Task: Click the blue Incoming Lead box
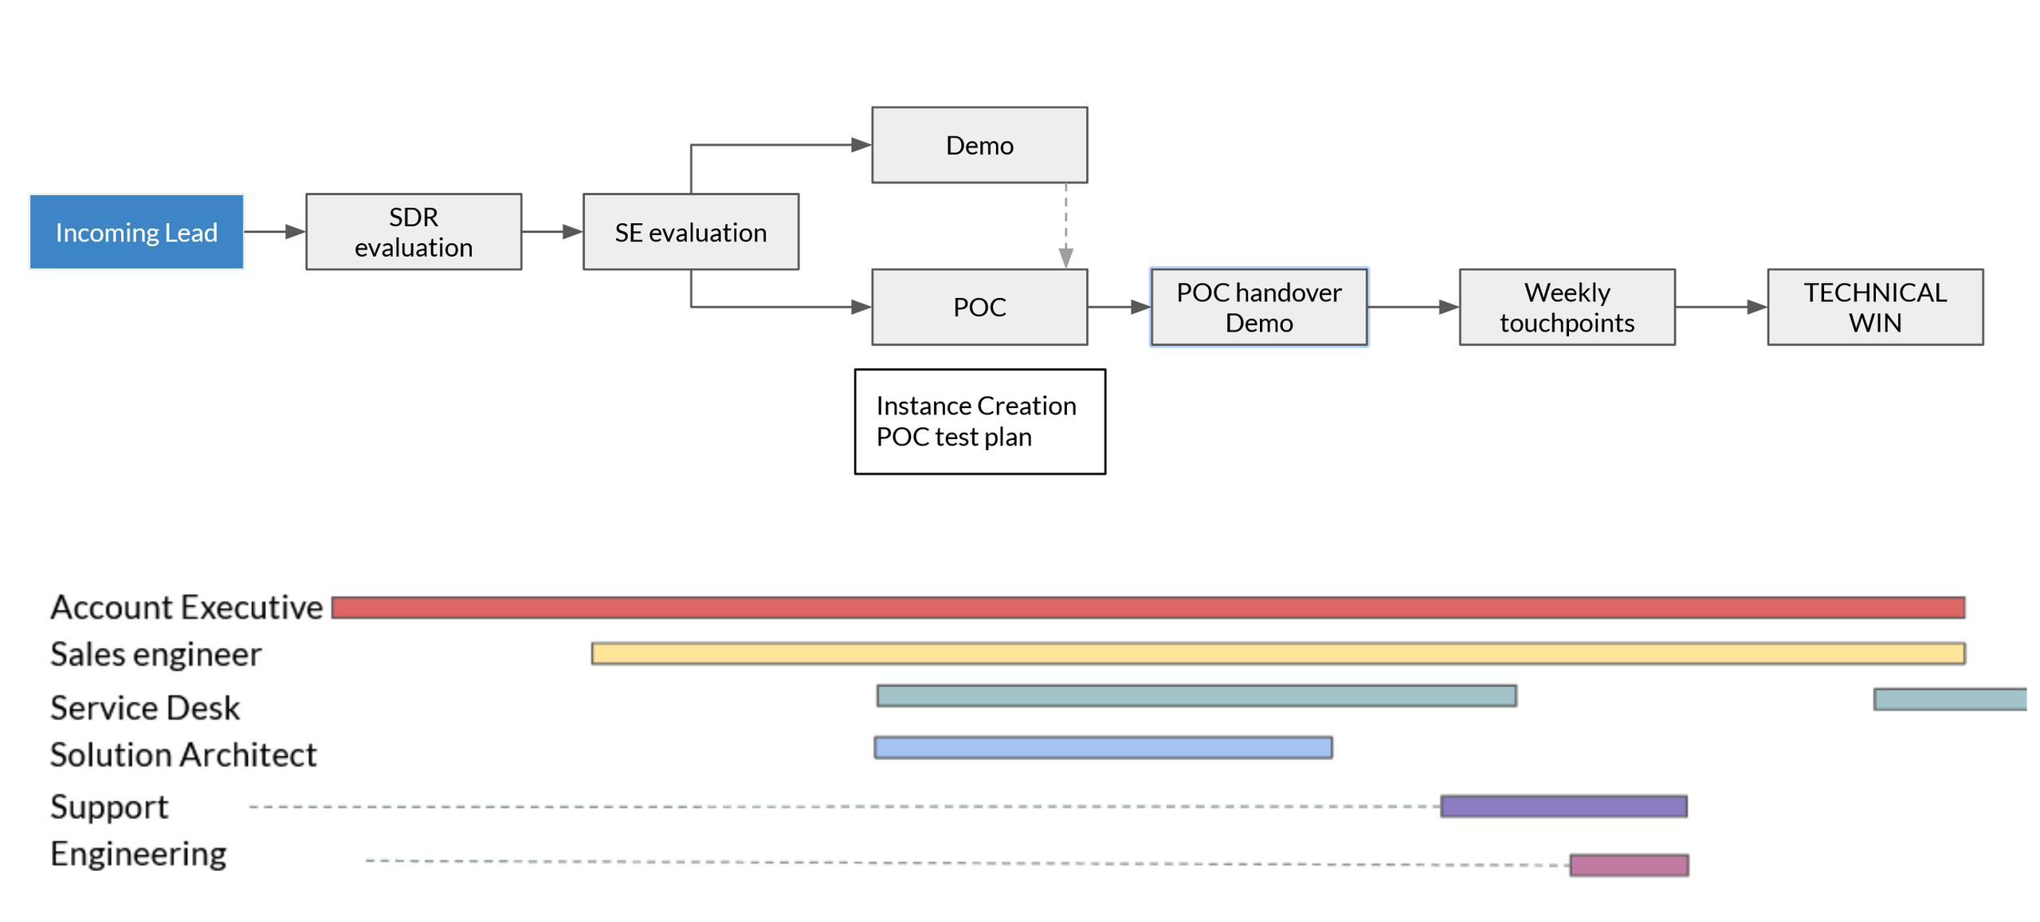(136, 232)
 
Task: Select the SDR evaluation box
(414, 232)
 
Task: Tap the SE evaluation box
(690, 232)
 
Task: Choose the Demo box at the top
(979, 145)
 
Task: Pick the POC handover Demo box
(1258, 307)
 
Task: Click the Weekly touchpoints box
(1566, 307)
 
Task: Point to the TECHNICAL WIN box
(1874, 307)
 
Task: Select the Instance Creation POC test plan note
(979, 422)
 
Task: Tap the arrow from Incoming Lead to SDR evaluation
(274, 232)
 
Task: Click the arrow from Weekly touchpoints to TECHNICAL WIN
(1720, 307)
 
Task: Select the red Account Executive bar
(1147, 607)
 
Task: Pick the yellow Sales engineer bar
(1277, 653)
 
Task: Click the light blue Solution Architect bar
(1102, 747)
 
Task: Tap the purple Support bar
(1563, 806)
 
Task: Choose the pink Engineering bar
(1628, 865)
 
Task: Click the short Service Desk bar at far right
(1949, 699)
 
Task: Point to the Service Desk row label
(145, 708)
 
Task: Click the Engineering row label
(139, 853)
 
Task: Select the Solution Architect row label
(183, 755)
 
